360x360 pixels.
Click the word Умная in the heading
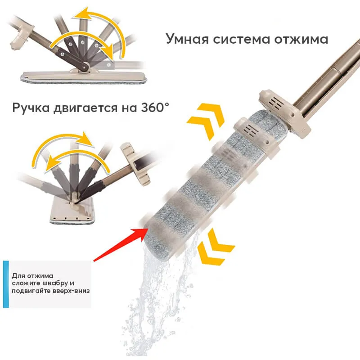[187, 39]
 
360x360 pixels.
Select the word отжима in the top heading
[301, 40]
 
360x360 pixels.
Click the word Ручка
[31, 108]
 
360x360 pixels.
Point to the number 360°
[155, 107]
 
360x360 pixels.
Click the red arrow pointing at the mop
[120, 244]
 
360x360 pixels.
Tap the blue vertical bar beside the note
[6, 284]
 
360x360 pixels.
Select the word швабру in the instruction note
[53, 283]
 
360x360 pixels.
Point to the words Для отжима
[32, 276]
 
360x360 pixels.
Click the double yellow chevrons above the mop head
[205, 121]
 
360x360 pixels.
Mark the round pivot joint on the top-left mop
[85, 67]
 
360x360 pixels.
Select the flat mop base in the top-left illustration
[84, 77]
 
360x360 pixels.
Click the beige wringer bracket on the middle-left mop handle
[135, 163]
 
